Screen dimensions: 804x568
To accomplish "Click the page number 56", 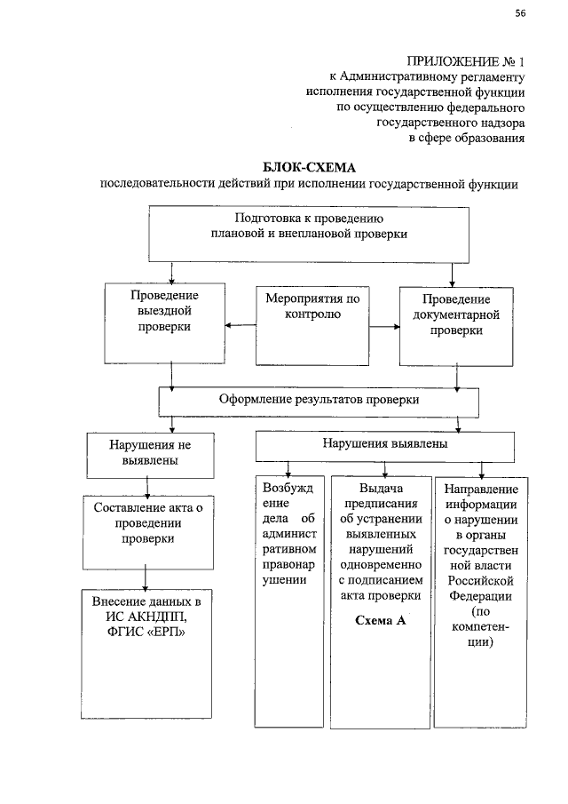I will click(521, 12).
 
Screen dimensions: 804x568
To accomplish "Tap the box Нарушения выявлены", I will click(384, 443).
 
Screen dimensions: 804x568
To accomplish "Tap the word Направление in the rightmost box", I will click(480, 489).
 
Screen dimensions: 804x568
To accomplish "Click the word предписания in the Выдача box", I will click(381, 505).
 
